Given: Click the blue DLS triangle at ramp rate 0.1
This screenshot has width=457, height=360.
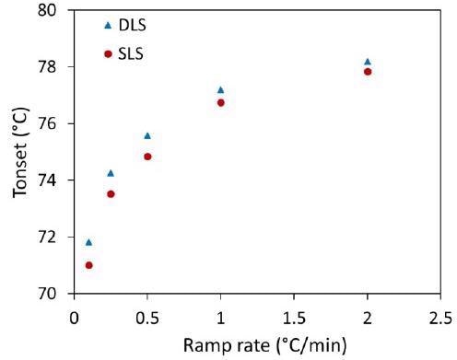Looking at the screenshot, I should click(x=88, y=242).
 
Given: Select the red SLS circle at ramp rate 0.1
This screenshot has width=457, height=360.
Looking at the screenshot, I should click(x=88, y=265).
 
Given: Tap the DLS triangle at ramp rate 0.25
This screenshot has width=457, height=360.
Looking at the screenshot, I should click(x=111, y=173).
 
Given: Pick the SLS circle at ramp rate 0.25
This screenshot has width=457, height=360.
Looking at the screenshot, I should click(x=111, y=194).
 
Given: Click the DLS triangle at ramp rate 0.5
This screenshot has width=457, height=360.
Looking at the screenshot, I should click(x=147, y=135).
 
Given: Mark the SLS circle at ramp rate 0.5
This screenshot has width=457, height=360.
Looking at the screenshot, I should click(x=147, y=157).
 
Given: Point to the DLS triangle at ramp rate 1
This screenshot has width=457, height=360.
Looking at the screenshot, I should click(x=220, y=89).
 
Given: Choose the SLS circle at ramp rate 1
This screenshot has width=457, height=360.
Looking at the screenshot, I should click(x=220, y=102).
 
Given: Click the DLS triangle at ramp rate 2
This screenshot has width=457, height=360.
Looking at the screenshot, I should click(x=368, y=62).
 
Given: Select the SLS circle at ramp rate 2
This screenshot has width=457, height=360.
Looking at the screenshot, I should click(x=368, y=72).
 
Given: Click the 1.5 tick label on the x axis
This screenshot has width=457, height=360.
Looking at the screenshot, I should click(x=294, y=318).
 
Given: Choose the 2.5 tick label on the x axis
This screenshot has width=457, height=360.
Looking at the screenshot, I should click(x=440, y=318).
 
